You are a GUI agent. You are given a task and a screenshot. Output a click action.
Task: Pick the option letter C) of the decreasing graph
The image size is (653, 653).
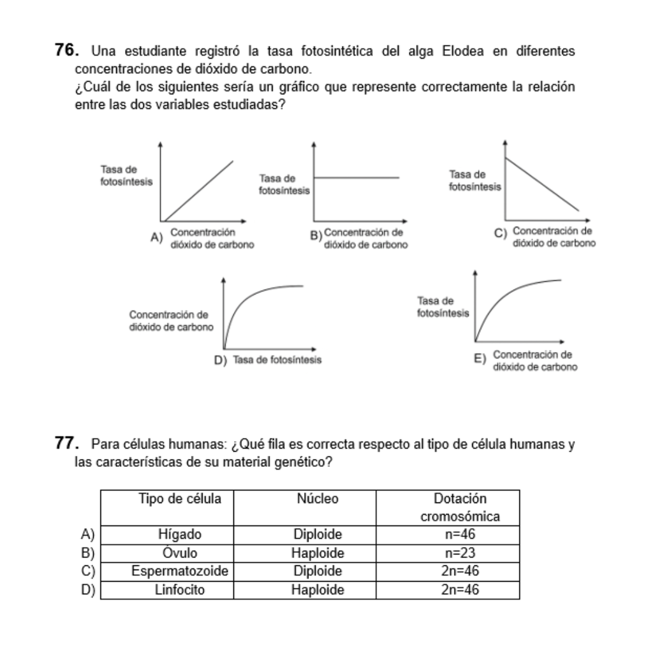click(x=501, y=233)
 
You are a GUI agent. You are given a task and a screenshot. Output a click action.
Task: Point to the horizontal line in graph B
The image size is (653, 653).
click(x=357, y=177)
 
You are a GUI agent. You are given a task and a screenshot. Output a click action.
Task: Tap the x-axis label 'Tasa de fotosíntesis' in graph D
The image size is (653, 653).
click(x=277, y=360)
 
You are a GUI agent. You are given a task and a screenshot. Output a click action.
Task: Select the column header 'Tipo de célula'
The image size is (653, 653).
click(x=180, y=499)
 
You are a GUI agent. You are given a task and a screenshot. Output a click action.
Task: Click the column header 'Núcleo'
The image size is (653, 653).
click(x=318, y=499)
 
